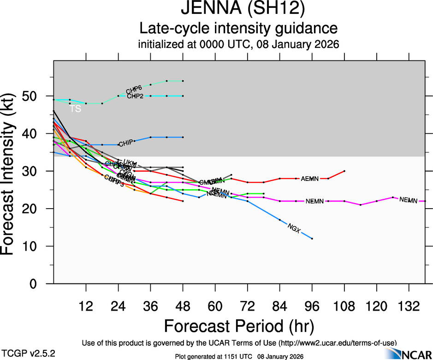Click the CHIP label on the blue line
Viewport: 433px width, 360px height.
click(126, 144)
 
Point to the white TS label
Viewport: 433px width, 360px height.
click(76, 109)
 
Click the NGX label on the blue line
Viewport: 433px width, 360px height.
click(294, 227)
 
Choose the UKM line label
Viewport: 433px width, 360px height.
click(130, 163)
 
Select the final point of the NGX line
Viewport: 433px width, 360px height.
click(312, 239)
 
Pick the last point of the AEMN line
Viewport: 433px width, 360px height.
click(344, 171)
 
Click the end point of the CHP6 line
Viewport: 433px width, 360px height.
click(183, 81)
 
